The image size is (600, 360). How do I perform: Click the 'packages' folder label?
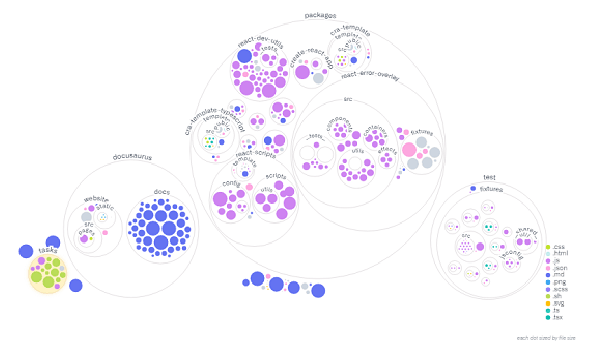click(320, 16)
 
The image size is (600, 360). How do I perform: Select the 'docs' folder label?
click(161, 191)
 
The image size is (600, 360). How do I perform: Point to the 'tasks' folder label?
click(47, 250)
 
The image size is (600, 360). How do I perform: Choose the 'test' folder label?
click(489, 177)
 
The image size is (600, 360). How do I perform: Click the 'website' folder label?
click(96, 199)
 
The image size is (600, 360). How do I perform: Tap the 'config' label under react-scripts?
click(230, 183)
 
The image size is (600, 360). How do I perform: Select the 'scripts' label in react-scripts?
click(276, 176)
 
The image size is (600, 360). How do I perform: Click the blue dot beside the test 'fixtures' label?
click(473, 188)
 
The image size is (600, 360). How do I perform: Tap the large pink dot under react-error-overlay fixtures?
click(410, 150)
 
